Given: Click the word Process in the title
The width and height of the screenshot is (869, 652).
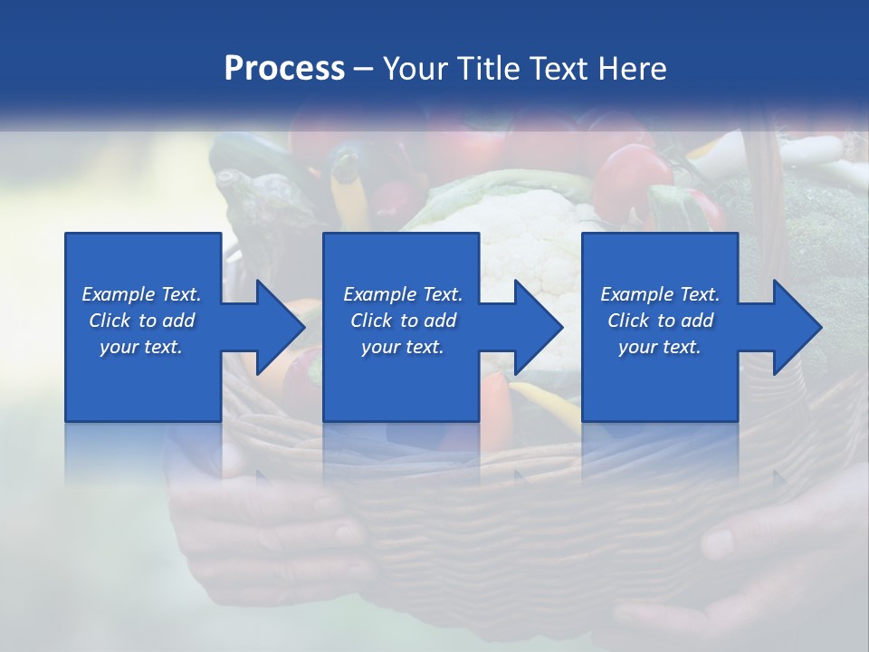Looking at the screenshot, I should [x=284, y=69].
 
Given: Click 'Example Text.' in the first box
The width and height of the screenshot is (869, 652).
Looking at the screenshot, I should [x=141, y=294].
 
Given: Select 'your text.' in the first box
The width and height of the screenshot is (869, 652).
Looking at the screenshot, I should [x=141, y=347].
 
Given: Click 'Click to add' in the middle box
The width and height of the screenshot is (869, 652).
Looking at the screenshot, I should [x=403, y=321].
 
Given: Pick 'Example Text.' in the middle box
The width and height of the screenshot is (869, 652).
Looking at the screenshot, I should [x=403, y=294].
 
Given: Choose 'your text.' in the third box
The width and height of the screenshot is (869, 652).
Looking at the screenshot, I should [x=660, y=347].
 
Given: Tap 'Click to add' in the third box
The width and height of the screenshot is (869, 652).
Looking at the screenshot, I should [x=660, y=321].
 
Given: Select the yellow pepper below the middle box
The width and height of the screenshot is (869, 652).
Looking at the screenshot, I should [x=548, y=403].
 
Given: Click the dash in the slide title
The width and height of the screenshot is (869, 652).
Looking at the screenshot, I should [x=364, y=69].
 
